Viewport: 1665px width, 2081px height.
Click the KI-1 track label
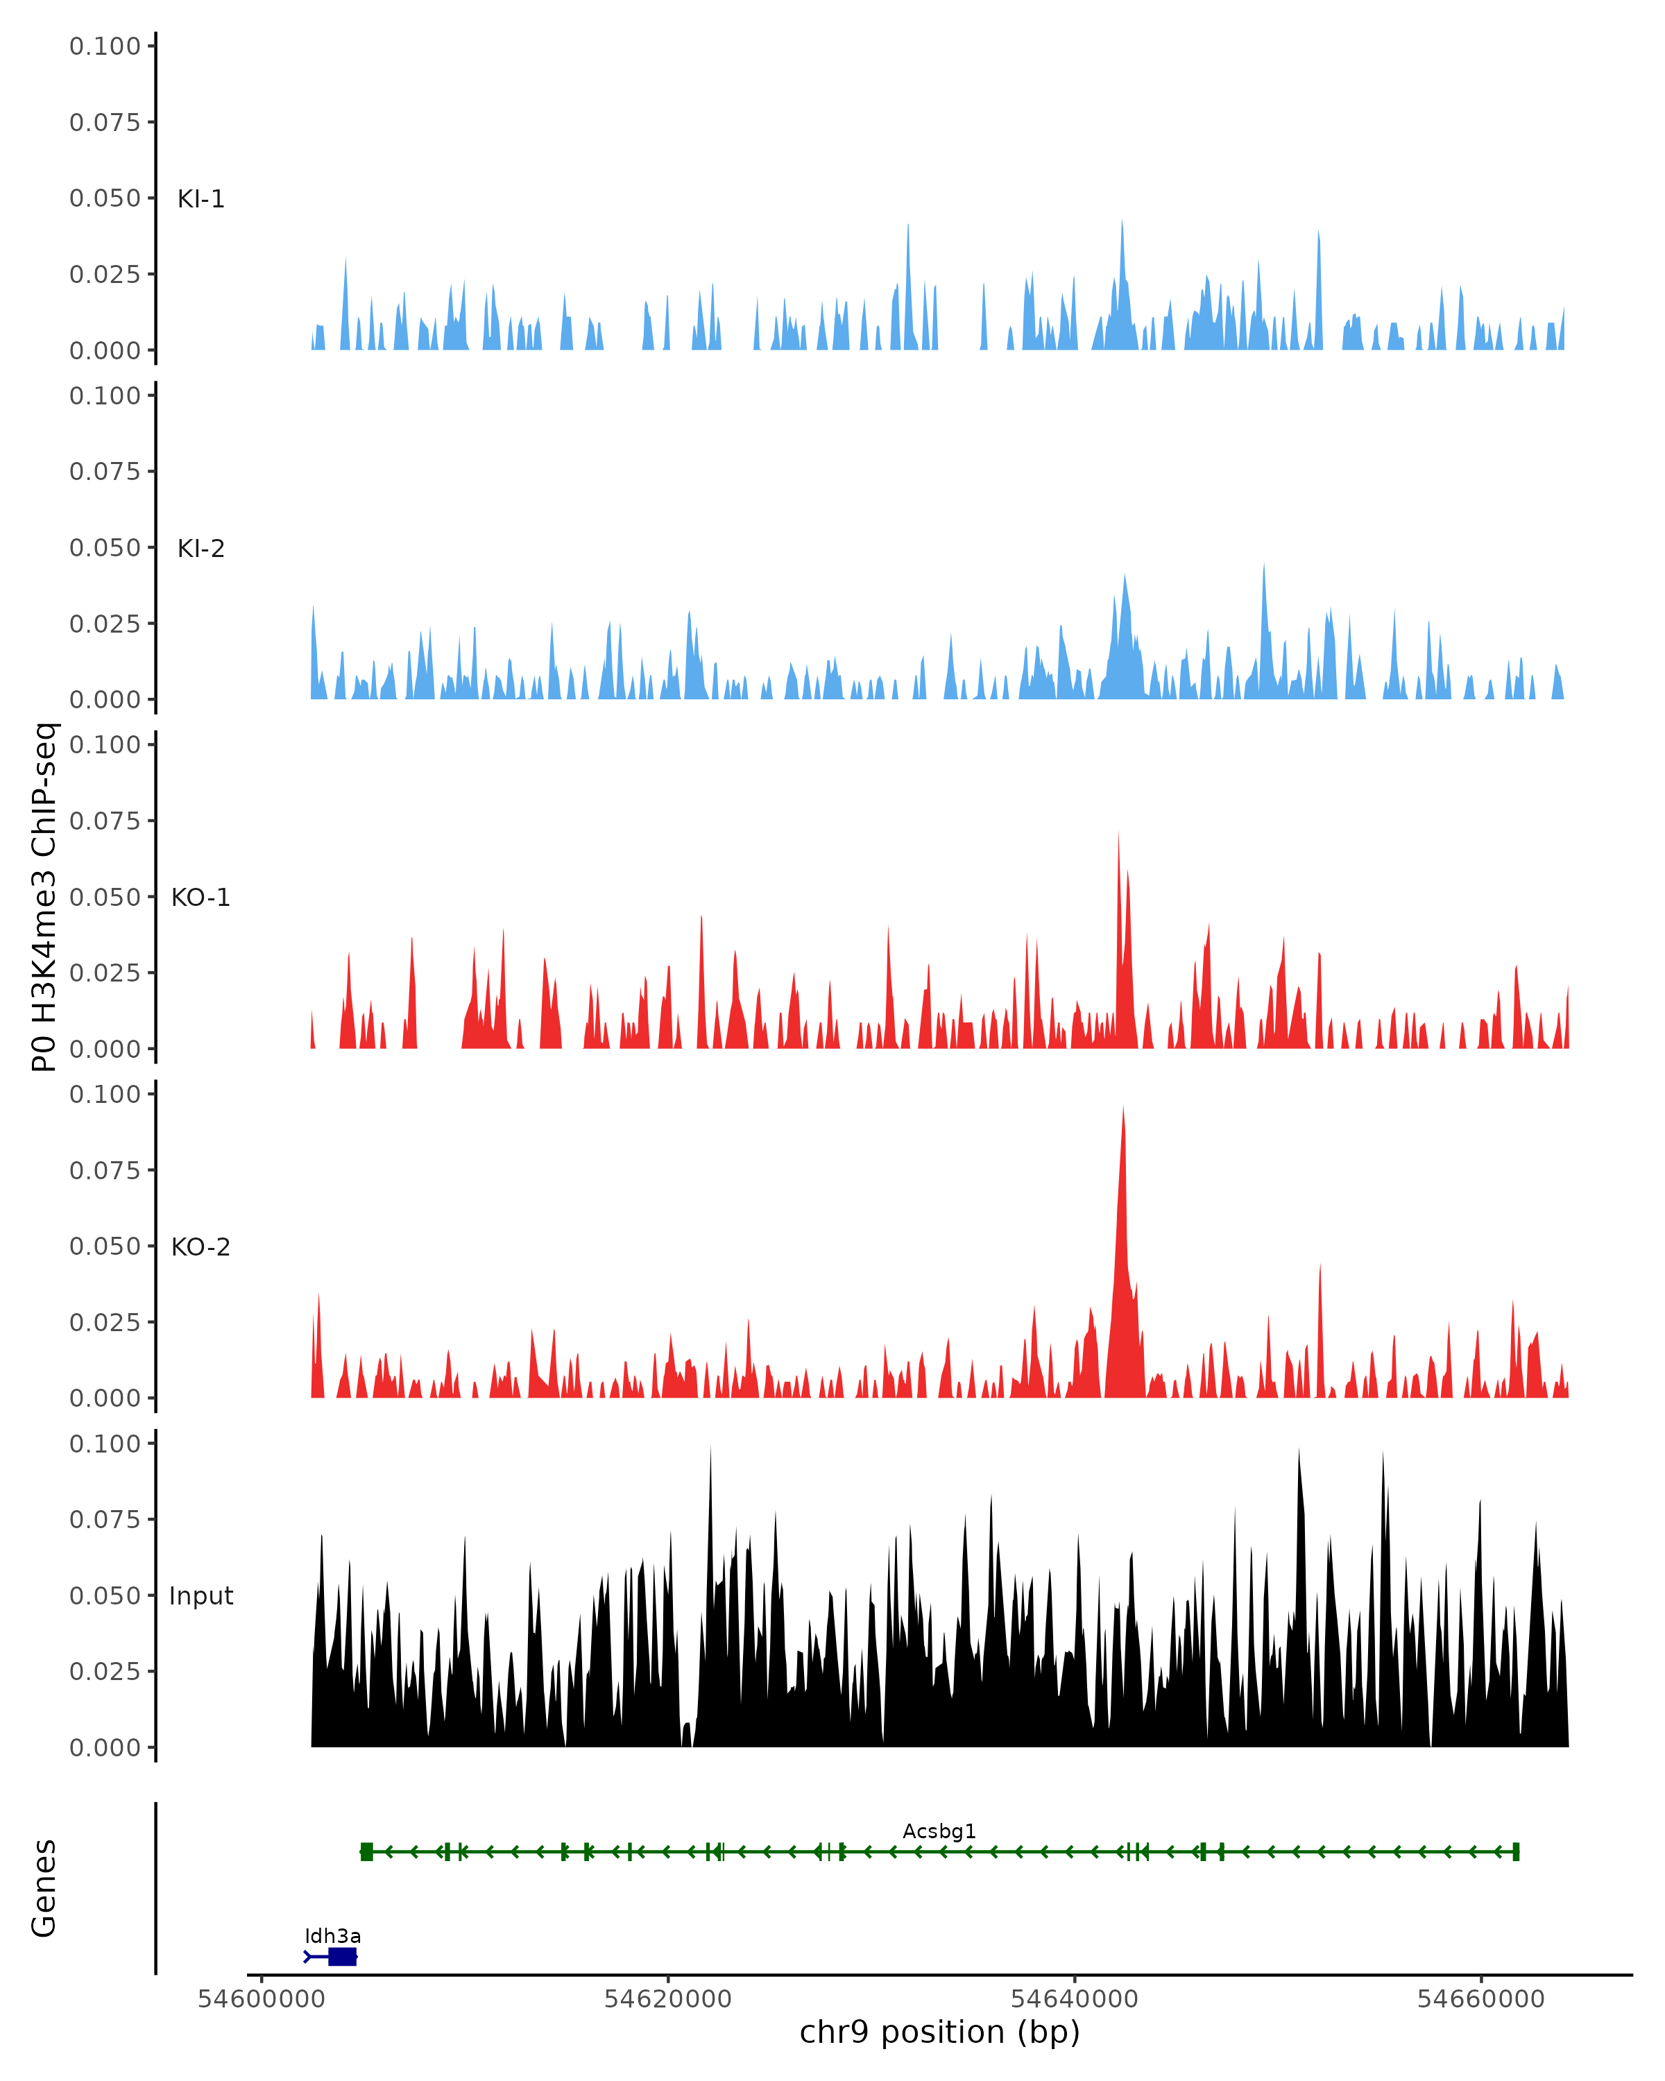(x=200, y=199)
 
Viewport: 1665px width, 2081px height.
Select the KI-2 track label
(x=200, y=548)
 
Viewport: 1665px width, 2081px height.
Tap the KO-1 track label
(x=200, y=898)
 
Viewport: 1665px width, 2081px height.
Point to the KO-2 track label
(x=200, y=1247)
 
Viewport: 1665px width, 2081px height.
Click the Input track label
(x=200, y=1596)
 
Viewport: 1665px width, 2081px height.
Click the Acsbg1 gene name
(x=939, y=1831)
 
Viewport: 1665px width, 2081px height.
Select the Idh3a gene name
(x=333, y=1935)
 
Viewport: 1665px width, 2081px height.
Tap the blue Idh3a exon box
(x=343, y=1957)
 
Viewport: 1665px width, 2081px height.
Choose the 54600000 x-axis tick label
(x=261, y=1999)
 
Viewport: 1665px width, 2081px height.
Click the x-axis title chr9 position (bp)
(x=939, y=2032)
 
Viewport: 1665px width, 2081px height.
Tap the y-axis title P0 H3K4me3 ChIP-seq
(x=44, y=898)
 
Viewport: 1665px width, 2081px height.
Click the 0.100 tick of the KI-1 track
(x=105, y=46)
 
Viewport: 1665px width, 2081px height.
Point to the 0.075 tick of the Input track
(x=105, y=1519)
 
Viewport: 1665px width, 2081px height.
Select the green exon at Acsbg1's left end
(x=367, y=1851)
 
